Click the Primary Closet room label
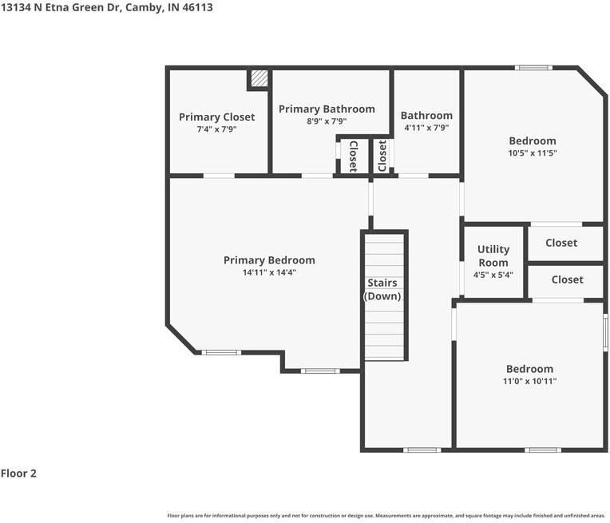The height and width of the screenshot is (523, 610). coord(216,117)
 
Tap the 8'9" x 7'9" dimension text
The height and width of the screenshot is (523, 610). coord(327,121)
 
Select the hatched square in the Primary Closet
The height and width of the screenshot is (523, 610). coord(259,78)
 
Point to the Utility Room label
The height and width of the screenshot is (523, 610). coord(493,256)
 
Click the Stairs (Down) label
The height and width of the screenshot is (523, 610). coord(382,289)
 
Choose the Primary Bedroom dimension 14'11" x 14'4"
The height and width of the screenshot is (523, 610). coord(269,272)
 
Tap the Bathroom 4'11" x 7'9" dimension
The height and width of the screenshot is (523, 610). coord(426,128)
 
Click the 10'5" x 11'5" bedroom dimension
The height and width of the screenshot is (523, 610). coord(533,153)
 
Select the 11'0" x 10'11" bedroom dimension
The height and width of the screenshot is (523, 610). coord(529,381)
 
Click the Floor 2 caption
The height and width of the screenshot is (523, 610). coord(18,473)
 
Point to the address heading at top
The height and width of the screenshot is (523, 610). coord(107,7)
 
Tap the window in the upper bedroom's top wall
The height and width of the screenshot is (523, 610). coord(533,68)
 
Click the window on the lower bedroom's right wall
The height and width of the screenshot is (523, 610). coord(605,332)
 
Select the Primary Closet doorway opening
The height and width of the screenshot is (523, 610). coord(219,176)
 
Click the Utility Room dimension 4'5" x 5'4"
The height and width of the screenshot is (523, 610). coord(493,275)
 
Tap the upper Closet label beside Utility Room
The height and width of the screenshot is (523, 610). coord(561,243)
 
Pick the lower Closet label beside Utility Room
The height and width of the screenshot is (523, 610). coord(567,279)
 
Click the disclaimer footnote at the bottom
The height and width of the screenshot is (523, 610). coord(386,516)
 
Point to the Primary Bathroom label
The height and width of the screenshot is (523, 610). coord(327,109)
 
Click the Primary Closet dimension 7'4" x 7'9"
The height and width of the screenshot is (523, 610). coord(216,129)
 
